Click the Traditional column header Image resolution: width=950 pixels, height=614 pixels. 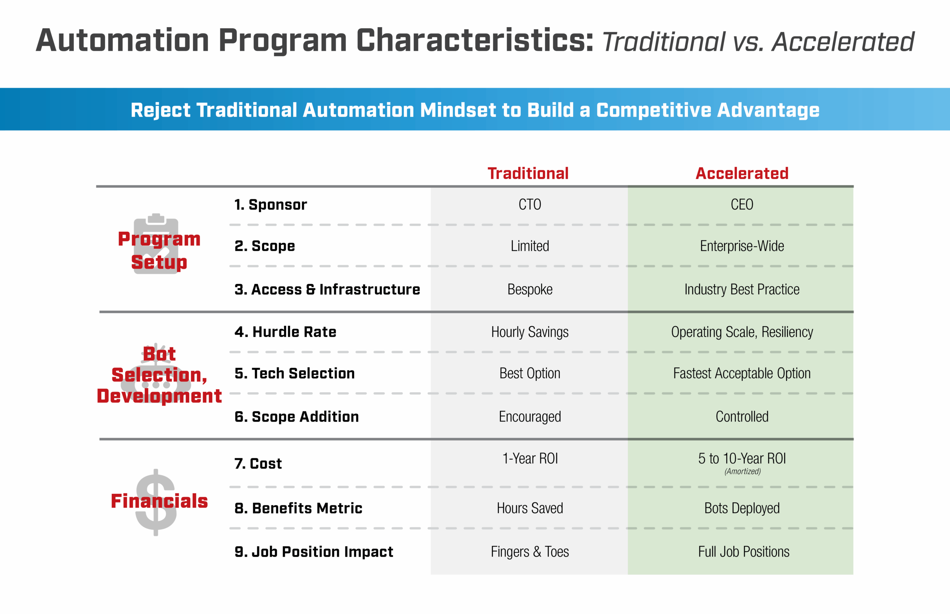point(528,174)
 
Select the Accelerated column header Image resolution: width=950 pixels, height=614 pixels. point(742,174)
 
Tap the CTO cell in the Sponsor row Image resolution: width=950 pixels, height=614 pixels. point(530,205)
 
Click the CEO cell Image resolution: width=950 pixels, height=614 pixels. point(742,205)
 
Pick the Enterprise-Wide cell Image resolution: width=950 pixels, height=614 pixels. point(742,246)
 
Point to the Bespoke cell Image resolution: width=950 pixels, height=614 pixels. point(530,289)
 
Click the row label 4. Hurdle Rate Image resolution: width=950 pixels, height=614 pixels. point(285,332)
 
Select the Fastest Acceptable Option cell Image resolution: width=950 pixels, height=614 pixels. point(742,373)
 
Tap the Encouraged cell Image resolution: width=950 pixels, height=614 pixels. point(530,417)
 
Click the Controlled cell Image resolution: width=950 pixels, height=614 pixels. point(742,417)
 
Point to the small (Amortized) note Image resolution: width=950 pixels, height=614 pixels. point(742,471)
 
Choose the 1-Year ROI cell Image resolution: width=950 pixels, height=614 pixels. point(530,459)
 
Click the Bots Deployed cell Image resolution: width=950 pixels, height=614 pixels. point(742,508)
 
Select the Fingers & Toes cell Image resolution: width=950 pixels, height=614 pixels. point(530,552)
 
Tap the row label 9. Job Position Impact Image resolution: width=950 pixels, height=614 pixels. point(314,552)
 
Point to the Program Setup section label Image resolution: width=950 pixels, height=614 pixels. point(159,250)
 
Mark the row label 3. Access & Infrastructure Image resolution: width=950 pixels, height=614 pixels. point(327,289)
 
